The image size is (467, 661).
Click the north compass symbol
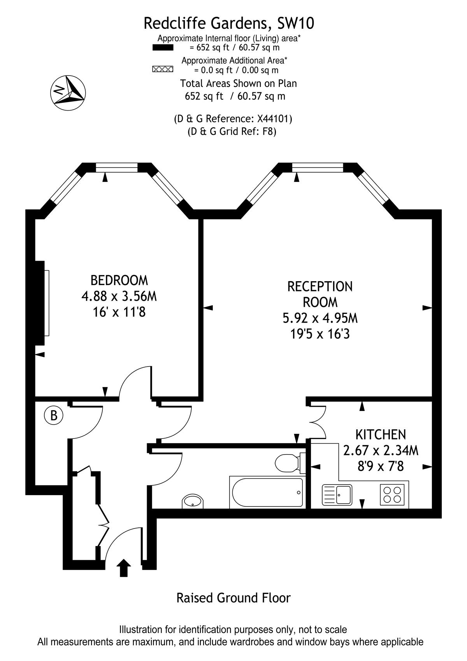[x=68, y=93]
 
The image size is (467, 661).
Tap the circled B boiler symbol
[x=54, y=416]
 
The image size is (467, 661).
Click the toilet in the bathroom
[x=290, y=463]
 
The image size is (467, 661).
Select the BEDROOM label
[x=119, y=280]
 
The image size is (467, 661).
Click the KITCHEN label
[x=381, y=435]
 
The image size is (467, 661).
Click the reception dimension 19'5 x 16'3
[x=320, y=334]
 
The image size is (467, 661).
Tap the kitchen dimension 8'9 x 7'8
[x=381, y=467]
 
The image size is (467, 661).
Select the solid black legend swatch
[x=163, y=48]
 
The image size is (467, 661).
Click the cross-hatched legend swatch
[x=163, y=69]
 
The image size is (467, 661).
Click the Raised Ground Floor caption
[x=233, y=598]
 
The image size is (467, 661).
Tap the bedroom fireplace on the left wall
[x=42, y=303]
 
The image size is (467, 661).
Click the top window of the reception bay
[x=318, y=167]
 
